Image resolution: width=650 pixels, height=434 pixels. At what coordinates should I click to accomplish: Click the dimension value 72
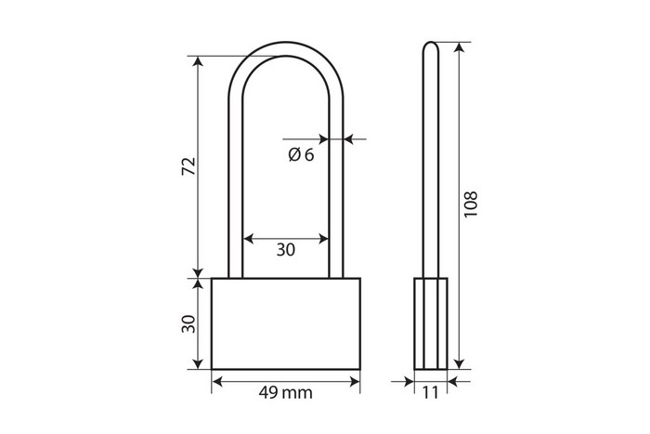point(188,167)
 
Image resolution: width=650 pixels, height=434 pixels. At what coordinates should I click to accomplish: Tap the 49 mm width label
point(285,393)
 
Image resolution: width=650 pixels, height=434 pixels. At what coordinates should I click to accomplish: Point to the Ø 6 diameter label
point(300,155)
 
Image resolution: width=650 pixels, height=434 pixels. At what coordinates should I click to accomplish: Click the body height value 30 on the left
point(188,323)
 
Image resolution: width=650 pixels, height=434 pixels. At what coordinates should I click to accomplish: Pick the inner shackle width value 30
point(285,249)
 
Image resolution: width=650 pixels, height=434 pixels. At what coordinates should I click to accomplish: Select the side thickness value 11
point(429,393)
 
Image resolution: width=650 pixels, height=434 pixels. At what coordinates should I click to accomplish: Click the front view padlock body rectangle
point(285,323)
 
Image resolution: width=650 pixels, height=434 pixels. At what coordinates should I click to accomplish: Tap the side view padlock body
point(429,323)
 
